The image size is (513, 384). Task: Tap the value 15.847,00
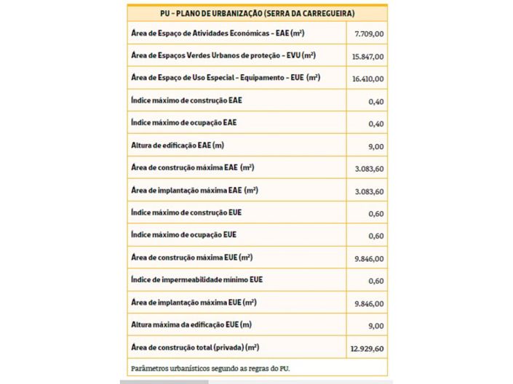pyautogui.click(x=368, y=56)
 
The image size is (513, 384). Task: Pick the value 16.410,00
pyautogui.click(x=368, y=79)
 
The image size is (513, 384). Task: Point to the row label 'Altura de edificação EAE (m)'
pyautogui.click(x=178, y=145)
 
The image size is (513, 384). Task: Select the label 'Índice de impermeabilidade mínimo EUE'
pyautogui.click(x=196, y=280)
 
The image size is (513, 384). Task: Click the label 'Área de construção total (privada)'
pyautogui.click(x=195, y=348)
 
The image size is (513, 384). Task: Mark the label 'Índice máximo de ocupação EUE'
pyautogui.click(x=183, y=235)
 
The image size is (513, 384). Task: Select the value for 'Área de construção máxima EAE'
pyautogui.click(x=368, y=169)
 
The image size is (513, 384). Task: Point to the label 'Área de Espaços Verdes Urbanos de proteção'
pyautogui.click(x=223, y=55)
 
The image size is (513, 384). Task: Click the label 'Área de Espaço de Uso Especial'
pyautogui.click(x=226, y=77)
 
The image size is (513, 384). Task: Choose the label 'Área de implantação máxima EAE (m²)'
pyautogui.click(x=195, y=191)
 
